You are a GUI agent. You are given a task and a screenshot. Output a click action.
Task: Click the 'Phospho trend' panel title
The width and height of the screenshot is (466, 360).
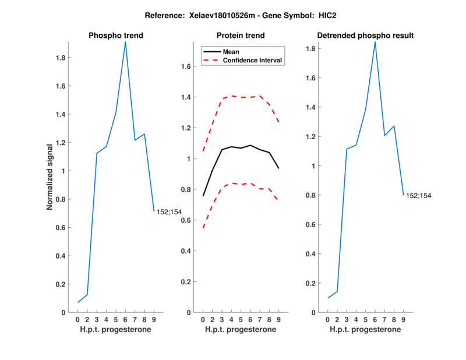[116, 36]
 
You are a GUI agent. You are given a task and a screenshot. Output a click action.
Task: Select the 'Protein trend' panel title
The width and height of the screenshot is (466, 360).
[241, 36]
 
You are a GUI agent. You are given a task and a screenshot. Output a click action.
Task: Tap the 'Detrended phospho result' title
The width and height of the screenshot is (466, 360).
[365, 36]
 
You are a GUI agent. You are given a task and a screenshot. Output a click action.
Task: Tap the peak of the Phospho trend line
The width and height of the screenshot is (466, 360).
[125, 42]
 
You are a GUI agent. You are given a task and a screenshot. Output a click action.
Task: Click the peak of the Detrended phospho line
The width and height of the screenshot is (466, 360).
[375, 42]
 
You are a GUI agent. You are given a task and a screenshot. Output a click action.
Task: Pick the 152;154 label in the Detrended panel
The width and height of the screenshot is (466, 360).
[419, 196]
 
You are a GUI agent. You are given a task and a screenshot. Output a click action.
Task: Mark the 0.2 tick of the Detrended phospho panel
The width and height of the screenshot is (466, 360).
[312, 283]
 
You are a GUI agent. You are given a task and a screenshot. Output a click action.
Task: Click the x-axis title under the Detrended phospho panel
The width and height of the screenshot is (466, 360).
[365, 330]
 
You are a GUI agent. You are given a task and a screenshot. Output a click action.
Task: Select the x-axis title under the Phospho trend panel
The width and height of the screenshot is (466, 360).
[116, 330]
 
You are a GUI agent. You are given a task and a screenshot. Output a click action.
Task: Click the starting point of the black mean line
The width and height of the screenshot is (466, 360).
[203, 196]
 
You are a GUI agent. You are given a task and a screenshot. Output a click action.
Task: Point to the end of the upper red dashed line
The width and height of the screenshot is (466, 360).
[279, 122]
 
